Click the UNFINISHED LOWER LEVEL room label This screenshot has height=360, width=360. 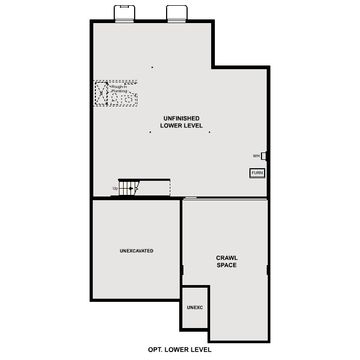click(181, 122)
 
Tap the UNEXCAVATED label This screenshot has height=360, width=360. click(136, 251)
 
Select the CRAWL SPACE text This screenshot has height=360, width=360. click(226, 261)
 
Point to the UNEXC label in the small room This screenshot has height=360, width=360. click(194, 307)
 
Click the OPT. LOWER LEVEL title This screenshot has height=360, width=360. click(180, 350)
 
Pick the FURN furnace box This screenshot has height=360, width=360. click(257, 173)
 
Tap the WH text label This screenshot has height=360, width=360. click(256, 156)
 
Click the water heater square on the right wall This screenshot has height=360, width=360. click(264, 156)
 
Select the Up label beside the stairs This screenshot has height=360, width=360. click(115, 188)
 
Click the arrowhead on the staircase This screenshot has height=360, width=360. click(132, 188)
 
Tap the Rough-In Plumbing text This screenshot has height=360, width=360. click(119, 89)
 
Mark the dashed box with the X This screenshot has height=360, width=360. click(102, 93)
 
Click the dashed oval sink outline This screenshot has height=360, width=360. click(127, 99)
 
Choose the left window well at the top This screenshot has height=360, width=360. click(124, 14)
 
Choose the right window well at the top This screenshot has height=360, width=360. click(177, 14)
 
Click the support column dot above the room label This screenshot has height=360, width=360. click(152, 67)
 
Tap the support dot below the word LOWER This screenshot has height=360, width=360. click(150, 132)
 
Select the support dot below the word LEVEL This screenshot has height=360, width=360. click(209, 132)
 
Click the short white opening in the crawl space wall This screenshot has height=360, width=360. click(191, 198)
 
